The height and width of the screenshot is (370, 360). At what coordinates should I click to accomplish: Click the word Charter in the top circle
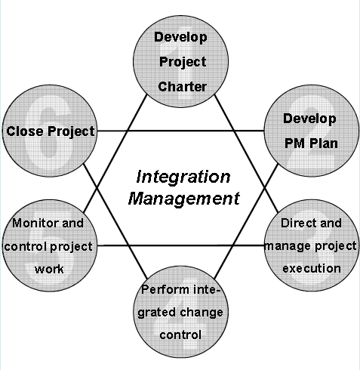tap(183, 87)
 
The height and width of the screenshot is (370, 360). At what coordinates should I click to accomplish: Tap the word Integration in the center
tap(183, 177)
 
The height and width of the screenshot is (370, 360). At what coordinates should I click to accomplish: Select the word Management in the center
tap(184, 199)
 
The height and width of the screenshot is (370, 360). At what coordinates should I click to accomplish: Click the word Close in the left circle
tap(25, 131)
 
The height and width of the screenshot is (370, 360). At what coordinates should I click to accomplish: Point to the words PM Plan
tap(311, 143)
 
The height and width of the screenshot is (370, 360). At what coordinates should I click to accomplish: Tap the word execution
tap(312, 268)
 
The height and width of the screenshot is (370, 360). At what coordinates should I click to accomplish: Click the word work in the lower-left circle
tap(49, 270)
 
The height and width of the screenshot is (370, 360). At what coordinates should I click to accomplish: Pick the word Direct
tap(295, 223)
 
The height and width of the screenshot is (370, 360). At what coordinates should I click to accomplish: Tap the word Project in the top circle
tap(183, 62)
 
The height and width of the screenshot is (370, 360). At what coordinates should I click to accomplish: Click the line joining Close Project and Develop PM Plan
tap(180, 131)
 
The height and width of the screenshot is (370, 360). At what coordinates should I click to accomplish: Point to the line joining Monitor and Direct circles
tap(181, 245)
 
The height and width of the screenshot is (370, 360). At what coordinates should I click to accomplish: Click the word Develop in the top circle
tap(180, 37)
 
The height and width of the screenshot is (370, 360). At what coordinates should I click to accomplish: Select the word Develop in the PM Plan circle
tap(309, 119)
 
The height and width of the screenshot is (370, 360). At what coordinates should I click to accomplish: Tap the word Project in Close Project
tap(71, 131)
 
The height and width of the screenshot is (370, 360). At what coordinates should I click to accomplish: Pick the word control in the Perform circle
tap(180, 335)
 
